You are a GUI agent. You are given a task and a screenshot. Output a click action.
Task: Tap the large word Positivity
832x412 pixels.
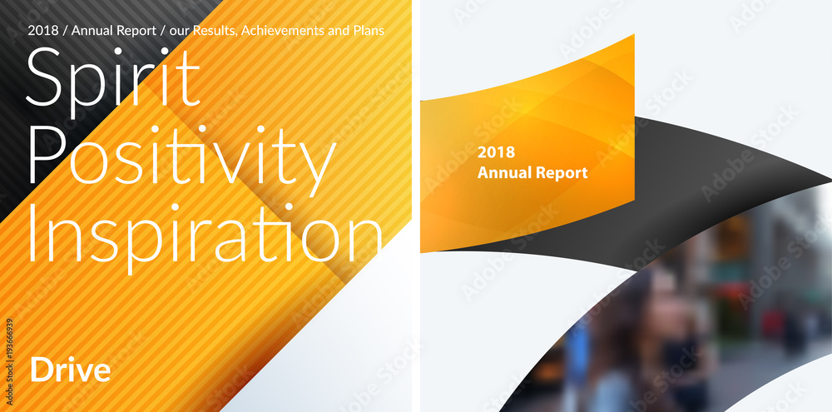(x=181, y=155)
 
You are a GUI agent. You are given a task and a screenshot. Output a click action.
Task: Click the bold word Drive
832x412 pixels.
(x=71, y=370)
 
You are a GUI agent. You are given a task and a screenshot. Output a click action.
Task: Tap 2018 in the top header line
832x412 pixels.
(x=43, y=31)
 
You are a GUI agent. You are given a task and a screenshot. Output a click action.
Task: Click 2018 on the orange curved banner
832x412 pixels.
(x=496, y=152)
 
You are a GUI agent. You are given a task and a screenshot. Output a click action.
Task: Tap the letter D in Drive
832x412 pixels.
(x=40, y=370)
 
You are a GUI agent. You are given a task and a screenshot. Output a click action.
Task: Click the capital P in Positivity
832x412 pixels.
(x=44, y=155)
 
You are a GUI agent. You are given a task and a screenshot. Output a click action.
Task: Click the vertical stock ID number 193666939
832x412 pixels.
(x=9, y=345)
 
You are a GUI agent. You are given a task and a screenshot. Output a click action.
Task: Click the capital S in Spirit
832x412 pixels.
(x=43, y=77)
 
